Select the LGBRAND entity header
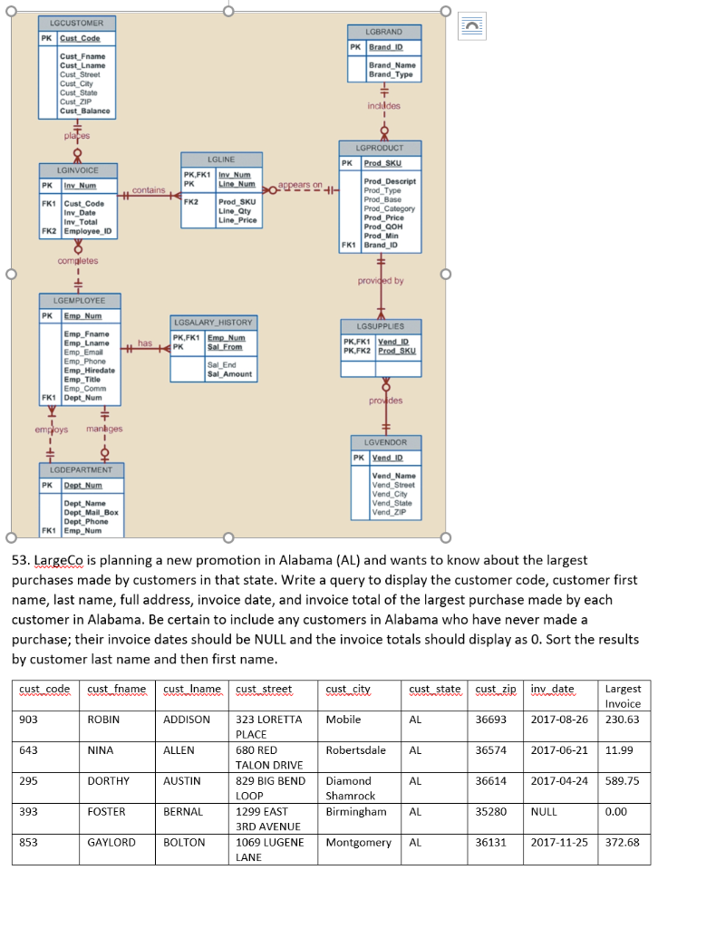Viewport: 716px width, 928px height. click(x=383, y=32)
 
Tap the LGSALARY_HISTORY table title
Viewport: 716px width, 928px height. click(x=213, y=322)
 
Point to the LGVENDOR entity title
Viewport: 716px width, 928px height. click(x=385, y=442)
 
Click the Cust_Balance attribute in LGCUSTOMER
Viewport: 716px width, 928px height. click(x=84, y=111)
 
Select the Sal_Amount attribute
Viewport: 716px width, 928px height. click(x=229, y=373)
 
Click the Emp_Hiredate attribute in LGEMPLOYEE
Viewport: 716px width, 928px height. click(x=89, y=370)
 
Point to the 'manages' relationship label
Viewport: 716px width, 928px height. click(x=104, y=429)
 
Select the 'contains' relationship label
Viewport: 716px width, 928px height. click(x=148, y=190)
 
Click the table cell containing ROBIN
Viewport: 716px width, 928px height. click(x=104, y=720)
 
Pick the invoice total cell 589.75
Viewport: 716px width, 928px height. click(x=622, y=780)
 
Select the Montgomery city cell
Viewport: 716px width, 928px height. click(x=358, y=842)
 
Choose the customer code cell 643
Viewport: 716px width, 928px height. click(x=29, y=750)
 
